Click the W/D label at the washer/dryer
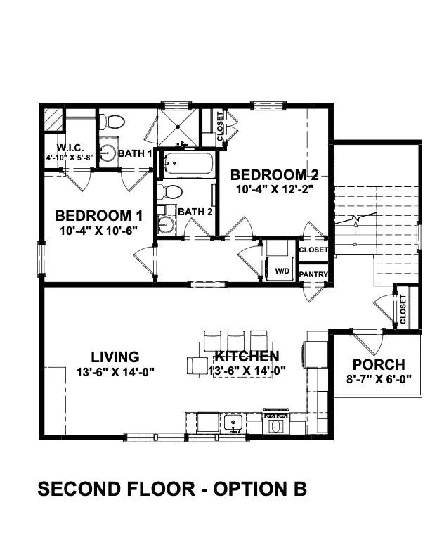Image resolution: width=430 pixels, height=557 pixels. [x=282, y=270]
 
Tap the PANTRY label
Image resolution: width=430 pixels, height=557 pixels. [x=313, y=274]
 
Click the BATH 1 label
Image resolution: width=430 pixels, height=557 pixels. [x=135, y=153]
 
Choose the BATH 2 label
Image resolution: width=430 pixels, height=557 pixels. [x=195, y=211]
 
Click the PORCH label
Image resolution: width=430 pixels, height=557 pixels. [x=378, y=365]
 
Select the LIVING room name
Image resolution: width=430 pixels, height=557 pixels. [x=115, y=357]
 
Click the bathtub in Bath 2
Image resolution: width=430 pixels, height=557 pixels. [x=185, y=165]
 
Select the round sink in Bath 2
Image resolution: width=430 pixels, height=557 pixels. [x=167, y=225]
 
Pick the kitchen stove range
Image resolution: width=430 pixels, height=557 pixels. [x=275, y=423]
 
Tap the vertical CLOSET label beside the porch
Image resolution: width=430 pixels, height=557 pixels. [x=403, y=309]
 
